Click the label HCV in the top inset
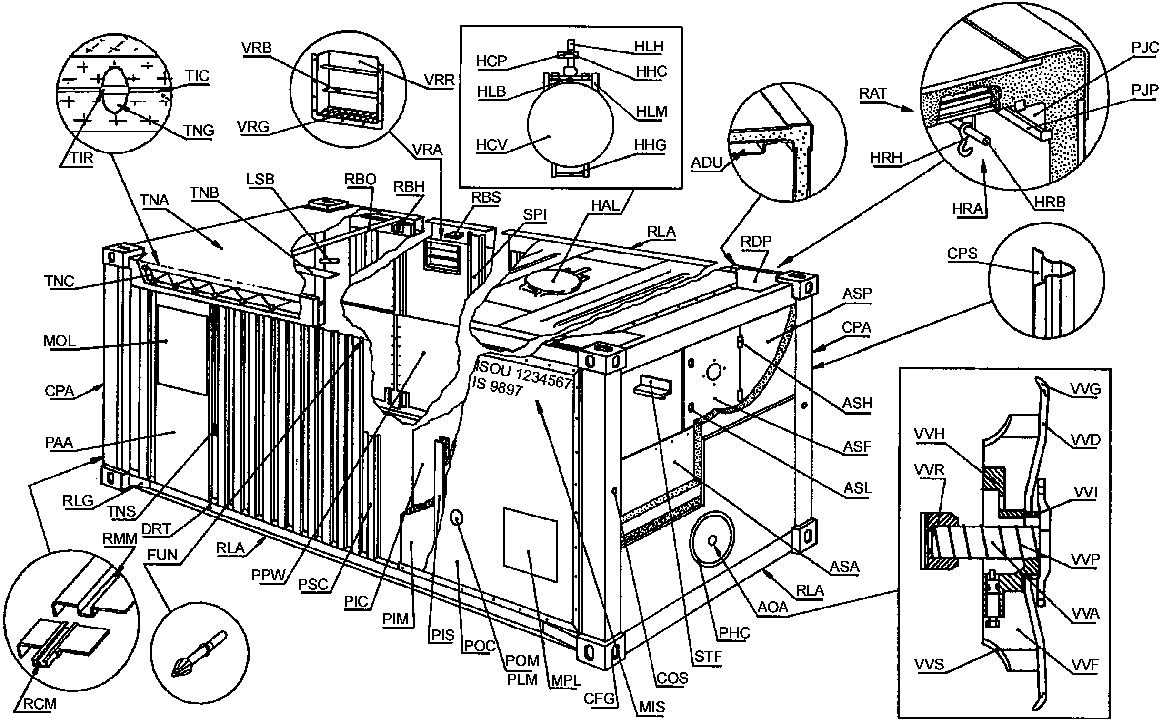pyautogui.click(x=492, y=145)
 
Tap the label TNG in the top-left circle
pyautogui.click(x=199, y=130)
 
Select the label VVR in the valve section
pyautogui.click(x=929, y=470)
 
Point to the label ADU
pyautogui.click(x=707, y=163)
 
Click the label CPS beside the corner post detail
pyautogui.click(x=962, y=253)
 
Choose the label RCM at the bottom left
pyautogui.click(x=40, y=704)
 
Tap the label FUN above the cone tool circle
pyautogui.click(x=162, y=555)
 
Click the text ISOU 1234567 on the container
pyautogui.click(x=524, y=375)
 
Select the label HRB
pyautogui.click(x=1050, y=203)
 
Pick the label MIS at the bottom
pyautogui.click(x=652, y=707)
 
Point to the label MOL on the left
pyautogui.click(x=60, y=341)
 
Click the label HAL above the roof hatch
pyautogui.click(x=605, y=205)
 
